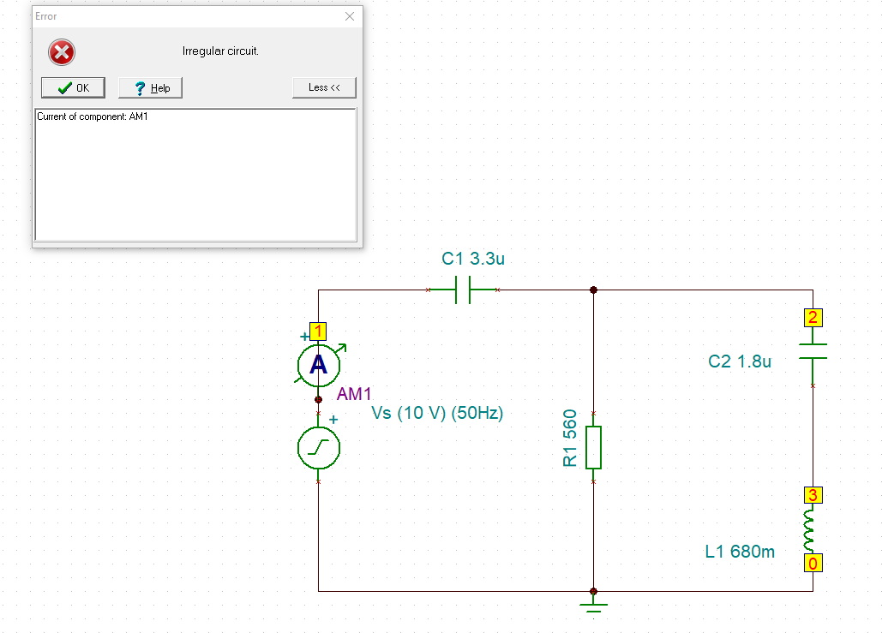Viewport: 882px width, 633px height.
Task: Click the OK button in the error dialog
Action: [73, 87]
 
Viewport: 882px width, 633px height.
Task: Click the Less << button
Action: [324, 87]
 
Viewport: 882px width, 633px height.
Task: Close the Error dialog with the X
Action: [350, 16]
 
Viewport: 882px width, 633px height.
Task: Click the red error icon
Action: [62, 53]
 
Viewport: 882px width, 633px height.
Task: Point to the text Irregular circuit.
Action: [220, 51]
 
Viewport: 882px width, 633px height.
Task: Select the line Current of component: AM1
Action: [93, 116]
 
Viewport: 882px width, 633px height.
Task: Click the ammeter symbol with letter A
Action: [318, 365]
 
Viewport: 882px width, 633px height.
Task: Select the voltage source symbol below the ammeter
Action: [318, 447]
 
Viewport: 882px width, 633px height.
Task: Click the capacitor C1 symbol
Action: [463, 290]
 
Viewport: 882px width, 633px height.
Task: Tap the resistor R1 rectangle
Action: [593, 447]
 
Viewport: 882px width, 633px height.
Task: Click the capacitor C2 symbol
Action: [813, 351]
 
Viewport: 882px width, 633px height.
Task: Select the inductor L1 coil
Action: [810, 531]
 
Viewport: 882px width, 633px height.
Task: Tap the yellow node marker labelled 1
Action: [318, 331]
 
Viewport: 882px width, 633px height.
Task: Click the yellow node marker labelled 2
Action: [813, 319]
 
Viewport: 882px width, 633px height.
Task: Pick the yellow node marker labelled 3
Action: [813, 495]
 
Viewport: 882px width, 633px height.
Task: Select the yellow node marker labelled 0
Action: [813, 563]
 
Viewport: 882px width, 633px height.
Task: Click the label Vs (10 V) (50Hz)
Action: [437, 413]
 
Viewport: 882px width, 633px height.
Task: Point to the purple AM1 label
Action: [355, 394]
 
